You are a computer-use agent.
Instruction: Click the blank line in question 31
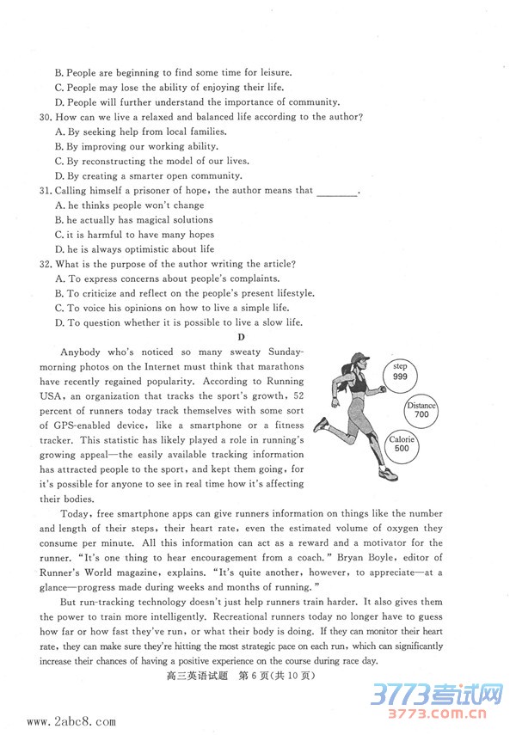[337, 192]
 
